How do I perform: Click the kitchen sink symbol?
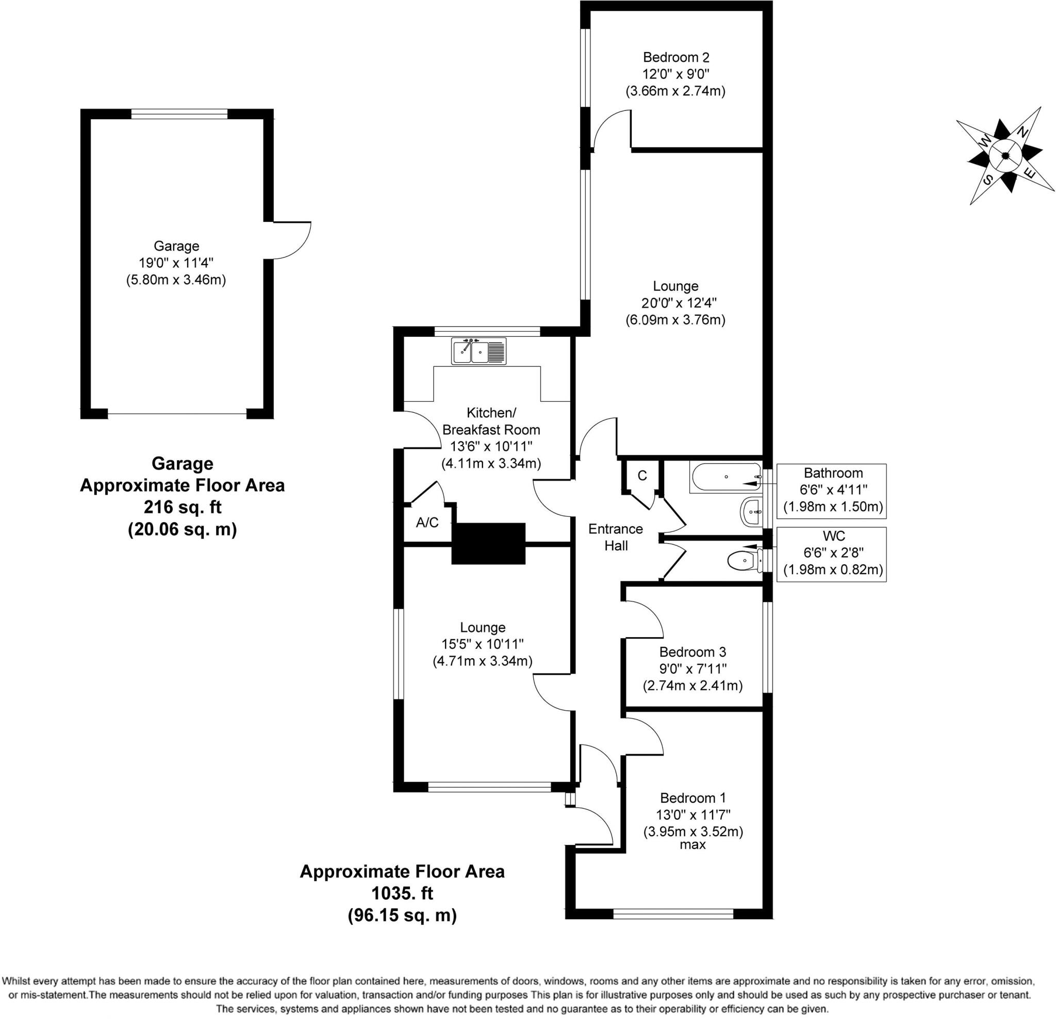478,351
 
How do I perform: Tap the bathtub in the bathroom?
725,477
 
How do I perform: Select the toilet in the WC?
744,561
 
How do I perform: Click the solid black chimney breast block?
488,543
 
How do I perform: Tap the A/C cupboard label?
427,522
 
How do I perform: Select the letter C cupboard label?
642,476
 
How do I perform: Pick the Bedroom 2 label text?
675,57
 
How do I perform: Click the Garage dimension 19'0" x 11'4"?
176,263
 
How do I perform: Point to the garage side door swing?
291,240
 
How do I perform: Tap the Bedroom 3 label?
692,652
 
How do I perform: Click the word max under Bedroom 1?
692,845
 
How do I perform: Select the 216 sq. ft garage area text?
182,507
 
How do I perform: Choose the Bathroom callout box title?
833,473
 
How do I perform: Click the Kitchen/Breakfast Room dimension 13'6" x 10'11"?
491,446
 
